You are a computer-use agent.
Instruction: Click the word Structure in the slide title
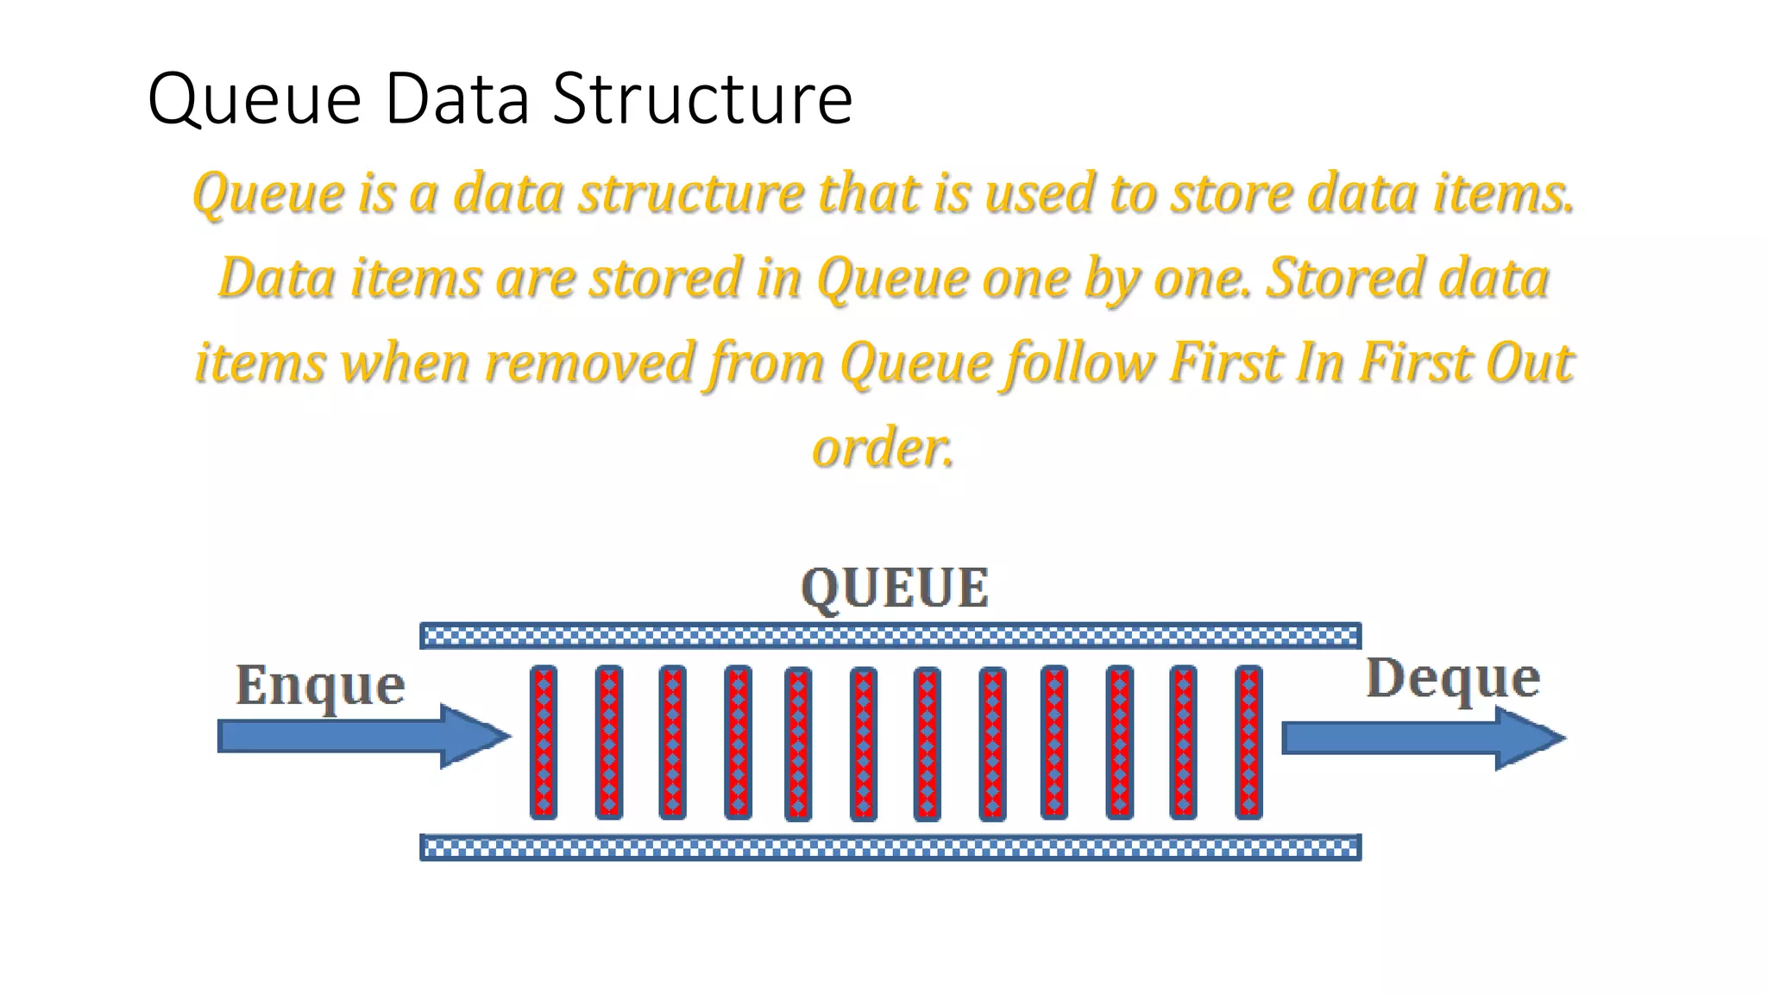point(701,98)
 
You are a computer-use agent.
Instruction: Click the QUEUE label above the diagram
point(895,588)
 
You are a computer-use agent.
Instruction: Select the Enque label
point(320,686)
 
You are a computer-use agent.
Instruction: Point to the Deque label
point(1453,678)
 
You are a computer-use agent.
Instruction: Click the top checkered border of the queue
point(890,636)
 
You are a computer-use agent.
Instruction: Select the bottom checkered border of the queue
point(890,847)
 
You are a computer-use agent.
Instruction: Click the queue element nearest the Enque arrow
point(544,742)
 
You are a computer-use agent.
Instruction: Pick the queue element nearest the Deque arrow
point(1248,742)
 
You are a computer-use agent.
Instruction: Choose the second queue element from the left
point(609,742)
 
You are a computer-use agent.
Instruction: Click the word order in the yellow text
point(883,449)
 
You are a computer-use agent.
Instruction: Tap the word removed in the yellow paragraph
point(589,362)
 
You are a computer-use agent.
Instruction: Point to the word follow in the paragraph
point(1079,362)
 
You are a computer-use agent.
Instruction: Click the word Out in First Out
point(1530,362)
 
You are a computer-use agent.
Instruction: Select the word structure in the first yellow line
point(692,193)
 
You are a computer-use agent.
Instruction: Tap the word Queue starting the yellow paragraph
point(267,193)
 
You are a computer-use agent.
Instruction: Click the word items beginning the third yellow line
point(260,362)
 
